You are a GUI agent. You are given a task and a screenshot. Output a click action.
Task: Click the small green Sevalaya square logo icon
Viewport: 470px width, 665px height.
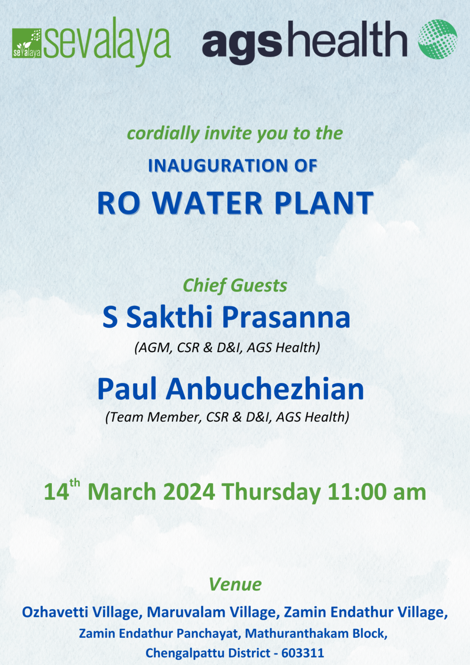click(x=27, y=43)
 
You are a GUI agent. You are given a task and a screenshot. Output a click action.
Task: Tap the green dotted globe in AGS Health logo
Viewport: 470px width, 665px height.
click(x=437, y=39)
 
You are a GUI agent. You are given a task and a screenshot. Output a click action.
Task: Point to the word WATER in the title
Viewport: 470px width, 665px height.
click(x=208, y=203)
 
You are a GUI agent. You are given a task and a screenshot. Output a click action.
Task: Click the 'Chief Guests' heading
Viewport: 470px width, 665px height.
click(x=235, y=286)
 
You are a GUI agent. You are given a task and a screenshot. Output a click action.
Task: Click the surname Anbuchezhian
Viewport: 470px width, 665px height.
click(x=265, y=389)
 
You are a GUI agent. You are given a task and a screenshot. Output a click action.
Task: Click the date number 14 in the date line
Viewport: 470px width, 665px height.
click(x=56, y=493)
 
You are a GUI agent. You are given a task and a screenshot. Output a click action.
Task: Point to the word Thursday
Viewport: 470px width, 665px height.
click(x=271, y=493)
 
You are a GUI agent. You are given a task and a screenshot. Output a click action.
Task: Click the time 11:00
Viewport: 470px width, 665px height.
click(x=357, y=493)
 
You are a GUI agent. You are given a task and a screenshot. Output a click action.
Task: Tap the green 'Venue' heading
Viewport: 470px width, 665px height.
click(x=235, y=584)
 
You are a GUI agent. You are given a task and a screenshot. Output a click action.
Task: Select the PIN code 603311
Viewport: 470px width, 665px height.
click(x=303, y=653)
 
